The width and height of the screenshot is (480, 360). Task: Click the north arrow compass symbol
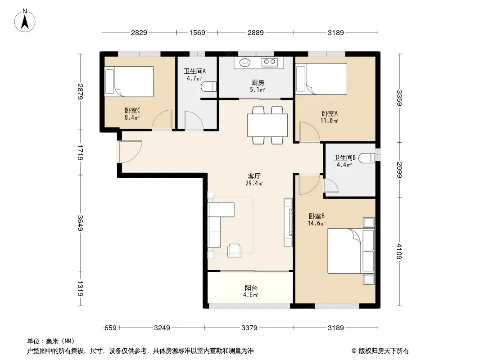[25, 21]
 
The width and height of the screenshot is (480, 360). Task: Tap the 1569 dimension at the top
[197, 32]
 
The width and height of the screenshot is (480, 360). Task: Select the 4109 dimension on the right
[399, 251]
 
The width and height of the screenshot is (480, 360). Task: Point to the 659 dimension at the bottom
[110, 328]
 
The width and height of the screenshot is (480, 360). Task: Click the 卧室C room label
[132, 110]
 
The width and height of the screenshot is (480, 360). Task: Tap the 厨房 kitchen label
[258, 83]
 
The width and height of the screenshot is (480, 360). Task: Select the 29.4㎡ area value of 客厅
[254, 184]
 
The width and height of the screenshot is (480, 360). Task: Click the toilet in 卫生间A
[209, 86]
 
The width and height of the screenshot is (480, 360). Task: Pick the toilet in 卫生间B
[367, 158]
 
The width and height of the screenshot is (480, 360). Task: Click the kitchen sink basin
[245, 62]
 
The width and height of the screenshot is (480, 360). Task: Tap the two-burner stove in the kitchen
[269, 63]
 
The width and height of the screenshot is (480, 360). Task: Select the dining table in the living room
[267, 126]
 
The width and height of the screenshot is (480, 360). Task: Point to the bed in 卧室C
[129, 81]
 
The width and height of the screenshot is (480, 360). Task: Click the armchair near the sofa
[235, 250]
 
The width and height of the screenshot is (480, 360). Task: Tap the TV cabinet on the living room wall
[288, 222]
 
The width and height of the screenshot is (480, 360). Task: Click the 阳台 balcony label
[251, 288]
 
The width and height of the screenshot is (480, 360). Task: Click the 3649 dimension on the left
[80, 223]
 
